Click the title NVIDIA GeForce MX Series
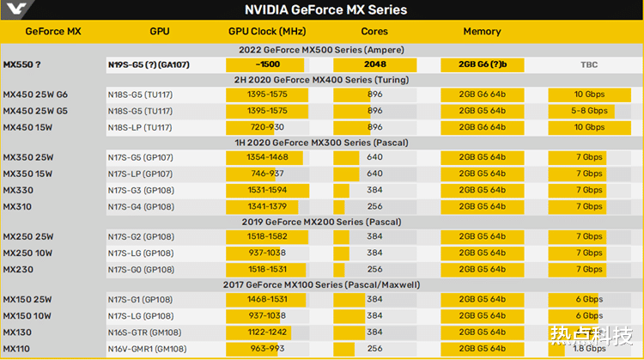(325, 10)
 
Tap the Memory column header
(482, 31)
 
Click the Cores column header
(374, 31)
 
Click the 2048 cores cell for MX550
(374, 64)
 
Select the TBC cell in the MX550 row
(589, 64)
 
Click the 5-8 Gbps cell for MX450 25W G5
(589, 111)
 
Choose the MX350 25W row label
(28, 157)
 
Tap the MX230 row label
(19, 269)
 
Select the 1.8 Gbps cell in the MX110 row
(589, 348)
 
